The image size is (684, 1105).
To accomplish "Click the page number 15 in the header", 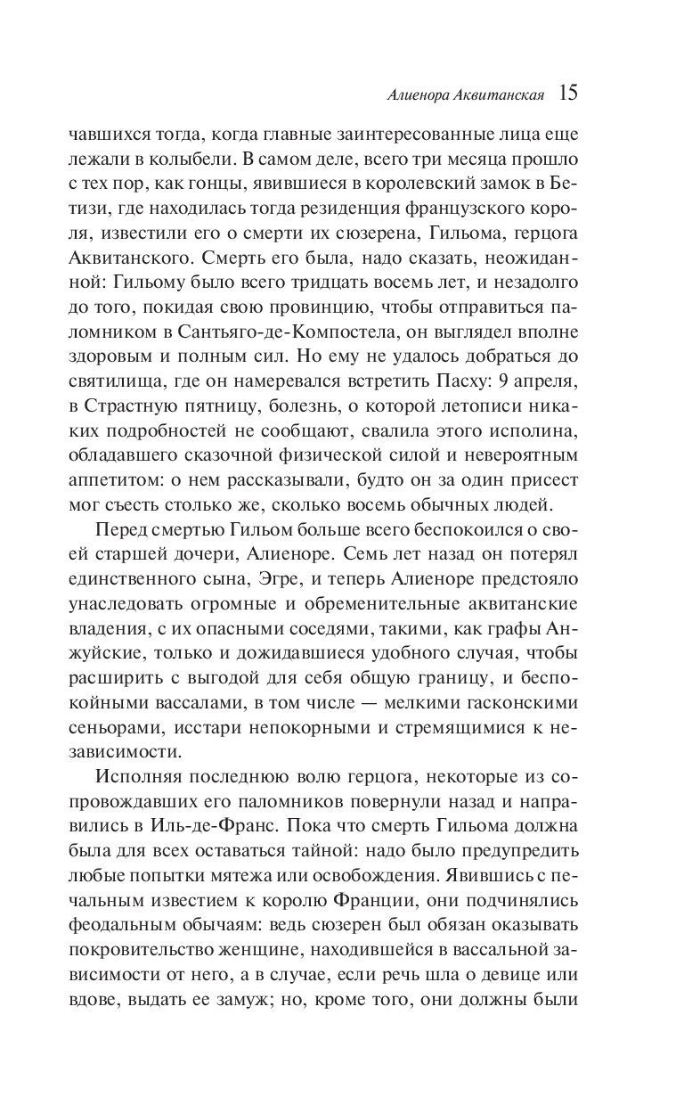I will [x=569, y=93].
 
